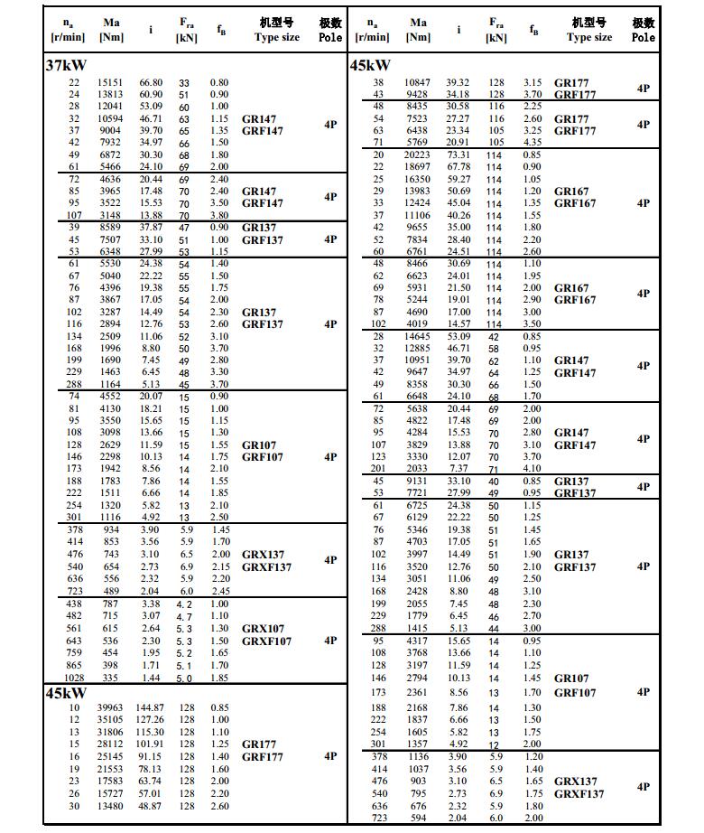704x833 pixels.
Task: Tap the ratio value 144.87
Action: click(150, 707)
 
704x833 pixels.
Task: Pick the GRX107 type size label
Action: click(263, 629)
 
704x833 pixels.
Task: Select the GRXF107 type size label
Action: click(266, 641)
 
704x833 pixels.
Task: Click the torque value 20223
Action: click(418, 154)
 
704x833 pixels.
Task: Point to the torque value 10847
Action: click(418, 83)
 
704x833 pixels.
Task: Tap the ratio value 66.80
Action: click(150, 83)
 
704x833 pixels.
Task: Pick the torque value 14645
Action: click(418, 336)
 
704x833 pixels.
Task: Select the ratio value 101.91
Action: click(150, 744)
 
